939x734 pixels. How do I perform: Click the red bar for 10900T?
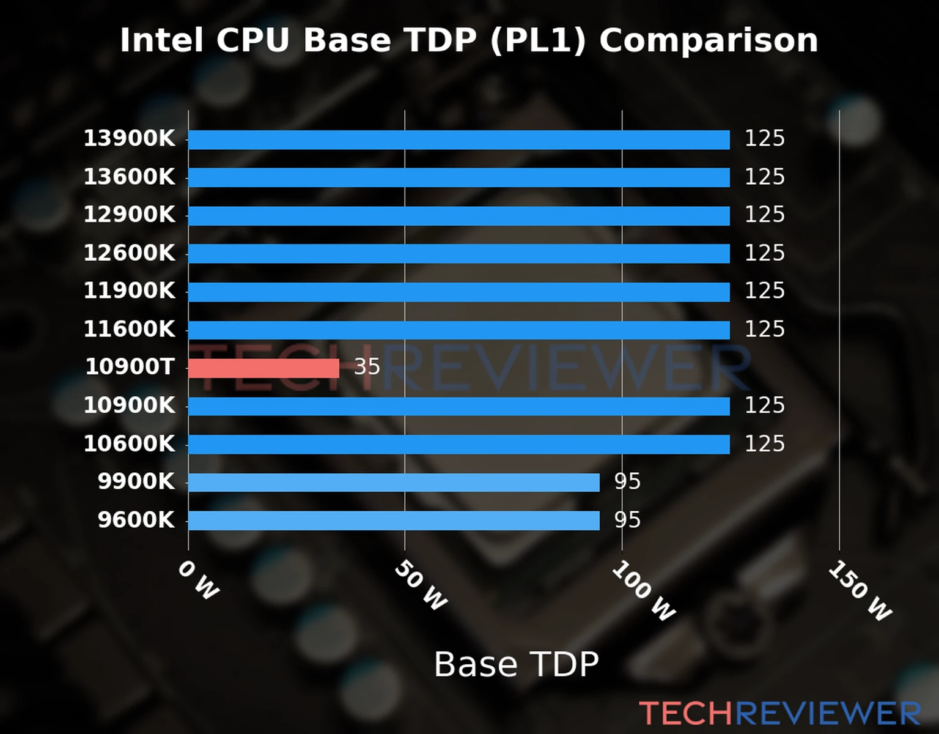click(263, 368)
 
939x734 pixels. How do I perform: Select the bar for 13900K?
click(458, 139)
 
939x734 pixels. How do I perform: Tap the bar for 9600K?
click(394, 521)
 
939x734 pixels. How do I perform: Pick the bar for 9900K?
click(394, 483)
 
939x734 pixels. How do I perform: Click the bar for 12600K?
click(458, 254)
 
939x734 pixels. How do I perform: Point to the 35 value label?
click(367, 367)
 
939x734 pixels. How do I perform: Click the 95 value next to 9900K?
click(627, 482)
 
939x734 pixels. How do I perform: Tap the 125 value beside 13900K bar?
click(764, 139)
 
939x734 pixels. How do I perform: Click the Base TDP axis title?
click(516, 664)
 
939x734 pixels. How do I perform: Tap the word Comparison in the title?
click(708, 41)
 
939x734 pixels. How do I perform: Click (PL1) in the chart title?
click(538, 41)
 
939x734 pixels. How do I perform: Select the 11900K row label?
click(129, 291)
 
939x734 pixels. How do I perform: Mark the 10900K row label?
click(129, 406)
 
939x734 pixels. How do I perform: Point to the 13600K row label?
click(129, 177)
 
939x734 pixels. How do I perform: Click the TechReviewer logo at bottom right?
click(779, 713)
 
